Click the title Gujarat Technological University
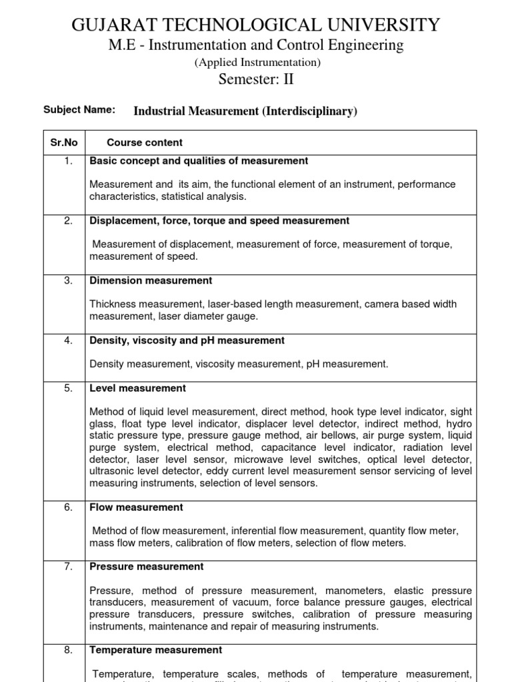[x=256, y=25]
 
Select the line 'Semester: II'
[x=256, y=79]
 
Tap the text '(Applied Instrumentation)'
[x=257, y=63]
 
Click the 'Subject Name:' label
[x=79, y=110]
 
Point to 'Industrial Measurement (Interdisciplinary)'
[x=245, y=111]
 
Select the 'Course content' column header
[x=145, y=143]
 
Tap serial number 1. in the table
[x=68, y=161]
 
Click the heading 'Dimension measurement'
[x=151, y=280]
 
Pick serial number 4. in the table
[x=68, y=340]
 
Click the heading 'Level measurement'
[x=137, y=388]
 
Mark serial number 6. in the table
[x=68, y=507]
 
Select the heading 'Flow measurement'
[x=136, y=507]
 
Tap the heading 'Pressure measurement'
[x=147, y=566]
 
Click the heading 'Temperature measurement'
[x=156, y=649]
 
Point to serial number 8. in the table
[x=68, y=649]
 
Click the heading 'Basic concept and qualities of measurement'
[x=199, y=161]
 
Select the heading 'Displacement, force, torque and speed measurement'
[x=219, y=220]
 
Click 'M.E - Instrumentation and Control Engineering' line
[x=256, y=45]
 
